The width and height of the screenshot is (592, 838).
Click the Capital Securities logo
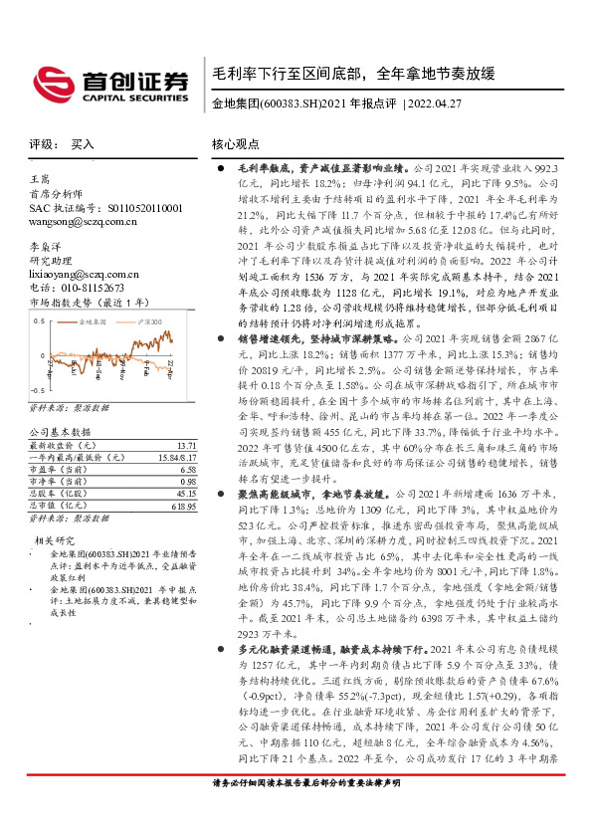pos(109,84)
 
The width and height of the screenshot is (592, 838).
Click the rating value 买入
pos(83,144)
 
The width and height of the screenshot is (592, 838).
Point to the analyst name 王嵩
pos(41,178)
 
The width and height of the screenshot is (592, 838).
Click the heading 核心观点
pos(236,145)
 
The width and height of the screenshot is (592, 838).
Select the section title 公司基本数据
pos(59,432)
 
